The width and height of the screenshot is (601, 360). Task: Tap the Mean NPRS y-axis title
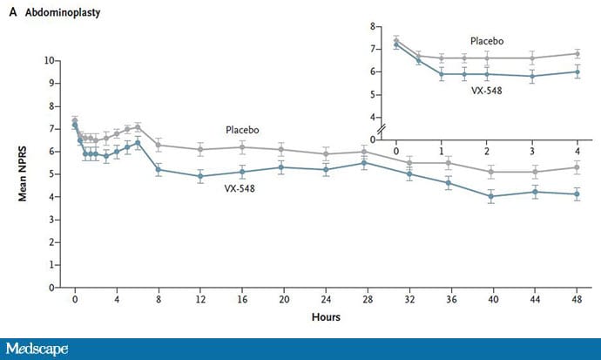[x=26, y=173]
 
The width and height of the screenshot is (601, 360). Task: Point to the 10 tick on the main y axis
[x=51, y=61]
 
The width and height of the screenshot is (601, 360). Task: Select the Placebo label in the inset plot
[x=487, y=41]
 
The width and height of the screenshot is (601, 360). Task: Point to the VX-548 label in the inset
[x=487, y=91]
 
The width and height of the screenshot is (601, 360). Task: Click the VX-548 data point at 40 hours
[x=493, y=196]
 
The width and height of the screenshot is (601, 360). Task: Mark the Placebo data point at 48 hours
[x=577, y=167]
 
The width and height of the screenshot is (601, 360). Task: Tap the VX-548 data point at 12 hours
[x=200, y=176]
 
